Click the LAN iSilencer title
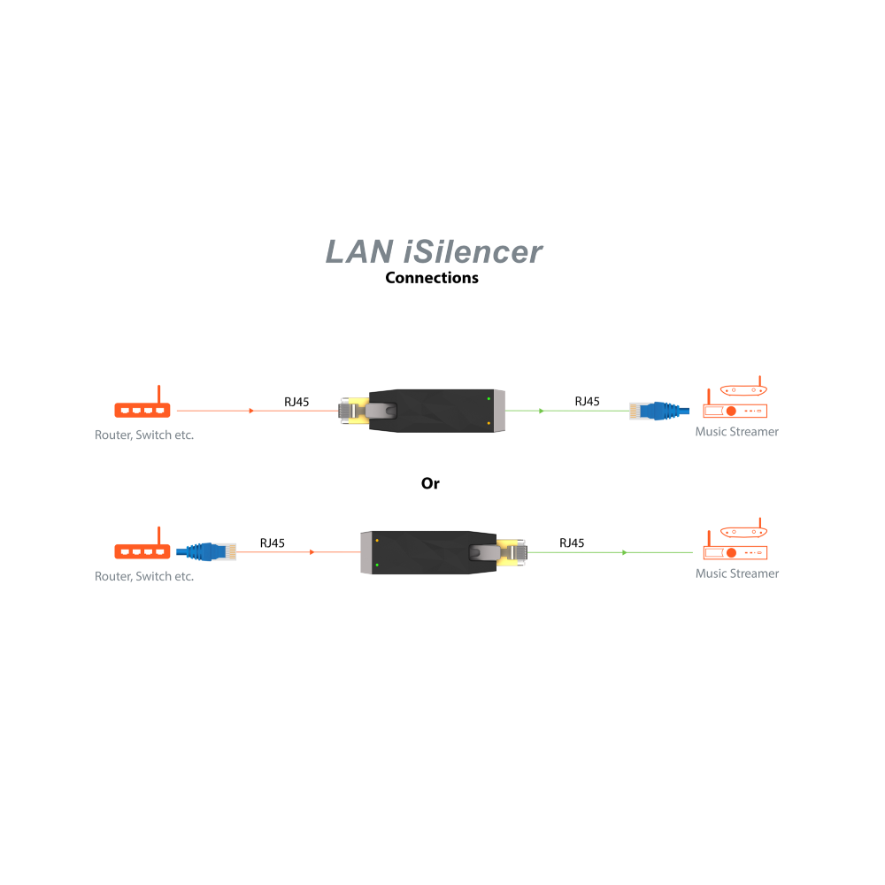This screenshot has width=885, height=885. pos(434,251)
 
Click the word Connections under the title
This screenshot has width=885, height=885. pos(432,278)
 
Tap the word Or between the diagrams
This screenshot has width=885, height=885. pos(430,483)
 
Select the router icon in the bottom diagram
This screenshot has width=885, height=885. pos(142,543)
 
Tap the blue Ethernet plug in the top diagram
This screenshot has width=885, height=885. pos(659,411)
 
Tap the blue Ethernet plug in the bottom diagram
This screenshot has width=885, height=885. pos(206,551)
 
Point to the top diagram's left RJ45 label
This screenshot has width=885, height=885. pos(296,402)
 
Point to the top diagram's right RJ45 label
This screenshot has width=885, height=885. pos(587,401)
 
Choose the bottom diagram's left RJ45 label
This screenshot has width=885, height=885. pos(272,543)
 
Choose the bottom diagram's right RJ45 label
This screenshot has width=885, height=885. pos(572,543)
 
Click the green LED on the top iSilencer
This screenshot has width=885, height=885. pos(489,398)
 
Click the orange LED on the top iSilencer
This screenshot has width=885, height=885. pos(489,423)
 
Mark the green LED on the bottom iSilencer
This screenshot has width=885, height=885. pos(377,565)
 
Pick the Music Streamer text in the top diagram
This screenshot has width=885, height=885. pos(736,432)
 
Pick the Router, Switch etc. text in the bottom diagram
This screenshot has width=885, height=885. pos(144,576)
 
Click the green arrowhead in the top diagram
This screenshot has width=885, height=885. pos(542,411)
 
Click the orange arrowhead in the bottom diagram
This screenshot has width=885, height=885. pos(312,552)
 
